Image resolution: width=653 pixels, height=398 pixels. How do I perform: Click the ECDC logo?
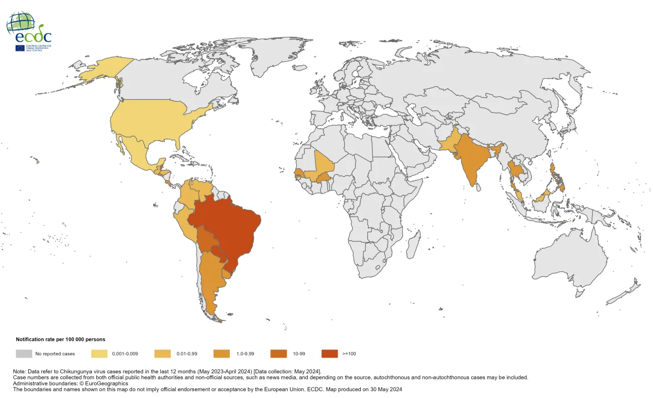click(x=29, y=31)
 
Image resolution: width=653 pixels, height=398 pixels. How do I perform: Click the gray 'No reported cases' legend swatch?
click(x=24, y=354)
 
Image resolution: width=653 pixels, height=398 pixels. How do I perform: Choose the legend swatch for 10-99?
click(x=279, y=354)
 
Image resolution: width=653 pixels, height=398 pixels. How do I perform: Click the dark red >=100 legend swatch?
click(x=330, y=354)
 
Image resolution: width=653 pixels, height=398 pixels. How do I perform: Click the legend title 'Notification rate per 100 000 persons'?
click(x=60, y=339)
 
